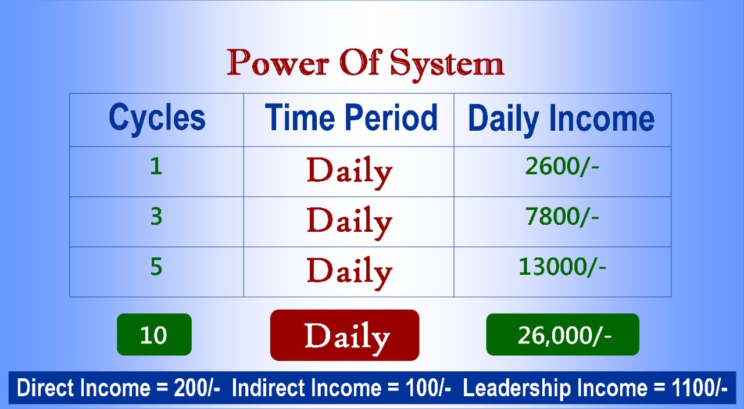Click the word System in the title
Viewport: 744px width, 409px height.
(x=447, y=65)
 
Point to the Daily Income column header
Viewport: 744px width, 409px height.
(x=561, y=120)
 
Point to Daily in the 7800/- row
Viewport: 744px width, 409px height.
(x=349, y=223)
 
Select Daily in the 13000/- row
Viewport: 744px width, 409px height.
(x=349, y=273)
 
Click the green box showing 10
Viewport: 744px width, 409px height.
(x=154, y=334)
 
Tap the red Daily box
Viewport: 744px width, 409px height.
(x=345, y=335)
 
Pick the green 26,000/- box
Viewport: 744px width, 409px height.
(x=563, y=334)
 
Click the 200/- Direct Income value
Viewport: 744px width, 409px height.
(x=197, y=388)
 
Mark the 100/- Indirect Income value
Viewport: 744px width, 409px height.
(x=428, y=388)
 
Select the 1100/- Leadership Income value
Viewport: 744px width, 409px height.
(x=699, y=388)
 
